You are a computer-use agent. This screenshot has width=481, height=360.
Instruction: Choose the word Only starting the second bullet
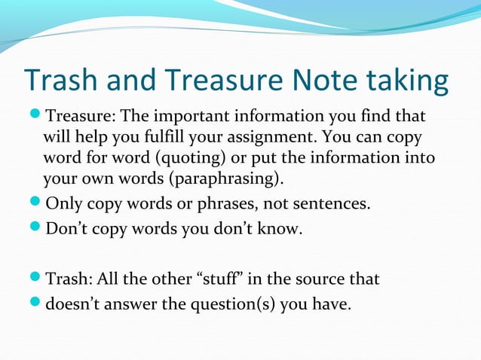(63, 203)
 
